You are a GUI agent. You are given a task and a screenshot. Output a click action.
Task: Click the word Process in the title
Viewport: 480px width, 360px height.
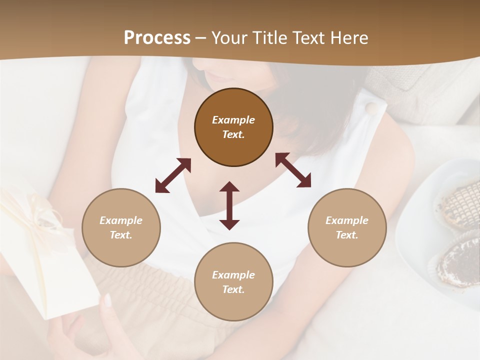(157, 37)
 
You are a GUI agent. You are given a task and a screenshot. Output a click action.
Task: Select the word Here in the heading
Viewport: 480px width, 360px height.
(348, 37)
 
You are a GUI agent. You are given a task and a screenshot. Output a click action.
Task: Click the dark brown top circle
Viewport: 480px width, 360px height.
(233, 127)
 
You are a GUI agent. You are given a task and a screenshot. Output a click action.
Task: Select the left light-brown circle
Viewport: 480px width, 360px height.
(121, 227)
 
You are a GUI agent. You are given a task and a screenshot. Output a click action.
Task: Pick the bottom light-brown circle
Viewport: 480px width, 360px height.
(233, 281)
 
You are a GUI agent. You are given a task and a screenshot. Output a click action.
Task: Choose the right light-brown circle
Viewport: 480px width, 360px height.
(347, 227)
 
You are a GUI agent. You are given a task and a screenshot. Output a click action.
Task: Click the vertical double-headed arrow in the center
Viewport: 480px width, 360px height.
(229, 205)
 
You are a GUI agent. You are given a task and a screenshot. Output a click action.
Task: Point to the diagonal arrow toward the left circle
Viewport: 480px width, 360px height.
(173, 175)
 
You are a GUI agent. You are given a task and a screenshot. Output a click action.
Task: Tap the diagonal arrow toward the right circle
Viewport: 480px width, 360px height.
(293, 170)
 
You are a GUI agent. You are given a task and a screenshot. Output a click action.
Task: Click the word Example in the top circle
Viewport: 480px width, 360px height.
(233, 120)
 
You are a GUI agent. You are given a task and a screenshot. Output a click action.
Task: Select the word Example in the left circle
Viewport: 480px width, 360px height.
(121, 220)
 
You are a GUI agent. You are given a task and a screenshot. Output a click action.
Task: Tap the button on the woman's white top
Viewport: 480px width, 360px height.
(370, 108)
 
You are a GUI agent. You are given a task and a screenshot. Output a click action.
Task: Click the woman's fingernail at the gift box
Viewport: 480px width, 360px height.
(107, 300)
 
